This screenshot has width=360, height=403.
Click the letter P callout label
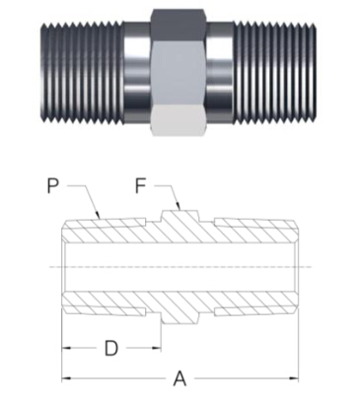pyautogui.click(x=53, y=186)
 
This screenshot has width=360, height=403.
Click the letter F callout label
pyautogui.click(x=140, y=186)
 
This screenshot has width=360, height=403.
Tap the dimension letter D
pyautogui.click(x=111, y=348)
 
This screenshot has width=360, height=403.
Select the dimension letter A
pyautogui.click(x=180, y=378)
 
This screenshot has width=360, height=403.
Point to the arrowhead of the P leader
pyautogui.click(x=98, y=215)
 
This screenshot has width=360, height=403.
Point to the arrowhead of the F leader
pyautogui.click(x=179, y=206)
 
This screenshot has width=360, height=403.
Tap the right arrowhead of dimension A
pyautogui.click(x=294, y=378)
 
